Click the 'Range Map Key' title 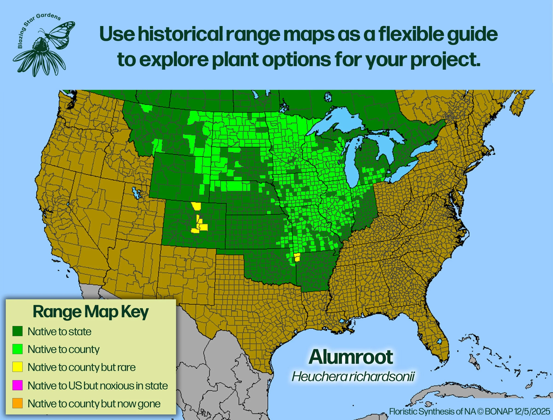tap(91, 312)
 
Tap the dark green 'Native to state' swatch tap(18, 331)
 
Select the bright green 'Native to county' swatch tap(18, 349)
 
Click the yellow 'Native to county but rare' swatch tap(18, 367)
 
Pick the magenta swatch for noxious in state tap(18, 385)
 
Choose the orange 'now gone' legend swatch tap(18, 403)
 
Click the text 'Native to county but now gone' tap(94, 403)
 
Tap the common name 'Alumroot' tap(351, 357)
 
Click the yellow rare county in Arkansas tap(297, 257)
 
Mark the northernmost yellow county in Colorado tap(197, 206)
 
